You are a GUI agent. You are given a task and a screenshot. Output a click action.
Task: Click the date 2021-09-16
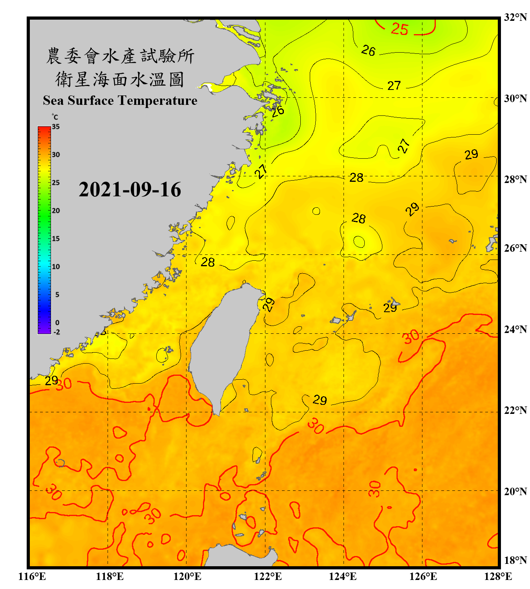(x=130, y=190)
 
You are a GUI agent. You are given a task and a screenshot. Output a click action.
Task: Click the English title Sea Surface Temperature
(x=120, y=101)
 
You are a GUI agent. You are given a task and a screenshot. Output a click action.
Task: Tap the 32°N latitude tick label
(x=515, y=17)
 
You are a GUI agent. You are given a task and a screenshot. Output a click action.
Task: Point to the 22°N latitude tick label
(x=515, y=410)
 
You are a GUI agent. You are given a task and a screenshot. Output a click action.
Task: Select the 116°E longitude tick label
(x=32, y=576)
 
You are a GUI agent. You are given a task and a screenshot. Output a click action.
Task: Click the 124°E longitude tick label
(x=343, y=576)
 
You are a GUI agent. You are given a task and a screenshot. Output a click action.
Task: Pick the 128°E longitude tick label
(x=498, y=576)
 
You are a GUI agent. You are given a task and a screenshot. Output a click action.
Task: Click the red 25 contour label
(x=400, y=29)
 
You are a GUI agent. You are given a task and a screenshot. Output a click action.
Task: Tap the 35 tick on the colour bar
(x=56, y=127)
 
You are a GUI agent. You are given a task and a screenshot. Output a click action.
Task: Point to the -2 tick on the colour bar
(x=57, y=332)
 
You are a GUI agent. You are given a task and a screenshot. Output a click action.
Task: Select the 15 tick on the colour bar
(x=56, y=239)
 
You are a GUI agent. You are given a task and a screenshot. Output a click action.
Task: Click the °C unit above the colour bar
(x=55, y=117)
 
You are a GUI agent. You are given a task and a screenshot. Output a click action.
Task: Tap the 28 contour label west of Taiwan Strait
(x=208, y=262)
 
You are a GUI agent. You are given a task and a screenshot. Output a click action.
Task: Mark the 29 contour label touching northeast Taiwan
(x=269, y=304)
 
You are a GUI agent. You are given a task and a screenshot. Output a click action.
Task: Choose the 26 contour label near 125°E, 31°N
(x=368, y=50)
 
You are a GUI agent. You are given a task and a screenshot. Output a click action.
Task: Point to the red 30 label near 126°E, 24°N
(x=411, y=337)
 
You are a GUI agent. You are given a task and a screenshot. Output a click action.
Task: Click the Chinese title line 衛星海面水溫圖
(x=120, y=79)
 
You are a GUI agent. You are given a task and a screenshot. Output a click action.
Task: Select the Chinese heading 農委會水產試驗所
(x=120, y=56)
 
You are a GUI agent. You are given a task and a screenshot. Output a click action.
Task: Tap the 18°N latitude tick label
(x=515, y=560)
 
